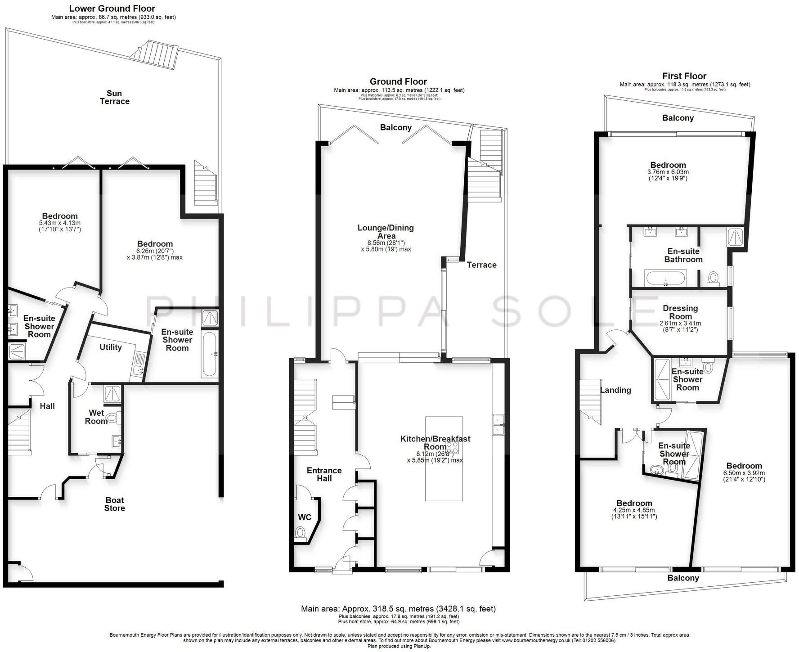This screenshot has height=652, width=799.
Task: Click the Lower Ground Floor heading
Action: tap(112, 9)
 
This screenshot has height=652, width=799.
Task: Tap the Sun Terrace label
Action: tap(114, 97)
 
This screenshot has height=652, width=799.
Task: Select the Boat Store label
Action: tap(114, 504)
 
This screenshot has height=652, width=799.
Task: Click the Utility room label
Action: tap(111, 347)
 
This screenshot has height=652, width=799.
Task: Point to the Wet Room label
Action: tap(96, 417)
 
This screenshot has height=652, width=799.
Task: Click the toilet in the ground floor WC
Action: tap(300, 533)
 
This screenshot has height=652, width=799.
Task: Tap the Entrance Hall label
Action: tap(324, 474)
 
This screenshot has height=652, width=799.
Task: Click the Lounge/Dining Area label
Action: tap(386, 232)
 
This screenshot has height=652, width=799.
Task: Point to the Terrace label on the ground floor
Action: tap(481, 265)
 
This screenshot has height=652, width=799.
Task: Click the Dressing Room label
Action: tap(680, 312)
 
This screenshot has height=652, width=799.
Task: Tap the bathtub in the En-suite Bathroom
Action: tap(666, 278)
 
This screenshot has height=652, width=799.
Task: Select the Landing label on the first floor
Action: tap(615, 390)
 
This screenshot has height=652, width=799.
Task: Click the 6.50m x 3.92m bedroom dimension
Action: tap(744, 473)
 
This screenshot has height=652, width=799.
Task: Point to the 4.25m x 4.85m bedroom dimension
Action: tap(634, 510)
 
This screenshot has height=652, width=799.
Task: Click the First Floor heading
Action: tap(684, 76)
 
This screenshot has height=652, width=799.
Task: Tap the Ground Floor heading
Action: tap(398, 81)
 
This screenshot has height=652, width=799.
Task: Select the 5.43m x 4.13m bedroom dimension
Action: tap(60, 223)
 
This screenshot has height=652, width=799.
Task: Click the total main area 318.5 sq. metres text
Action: tap(398, 608)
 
